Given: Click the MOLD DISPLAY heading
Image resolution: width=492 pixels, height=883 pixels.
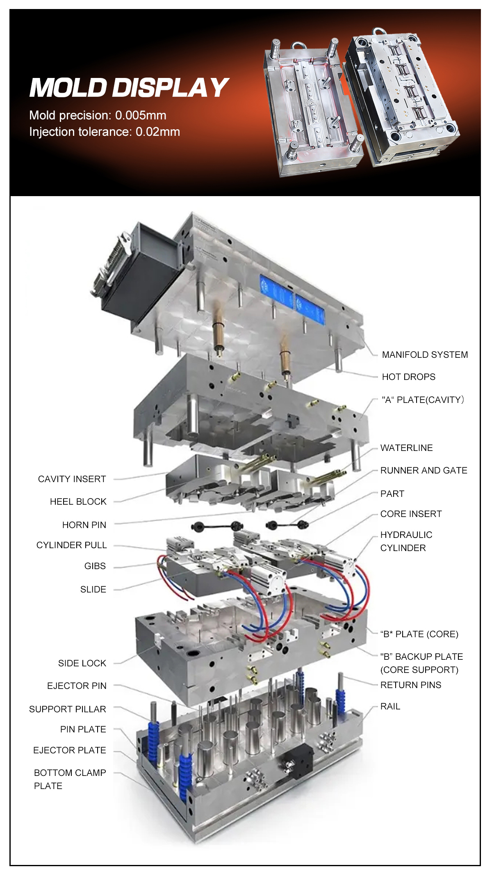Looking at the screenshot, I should pyautogui.click(x=128, y=88).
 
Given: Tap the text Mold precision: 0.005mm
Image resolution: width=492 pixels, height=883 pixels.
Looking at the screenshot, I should pyautogui.click(x=98, y=115).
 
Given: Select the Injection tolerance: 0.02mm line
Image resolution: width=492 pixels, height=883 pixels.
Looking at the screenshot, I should pyautogui.click(x=105, y=132).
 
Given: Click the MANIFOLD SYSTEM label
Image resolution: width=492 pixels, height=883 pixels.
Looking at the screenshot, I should pyautogui.click(x=424, y=355).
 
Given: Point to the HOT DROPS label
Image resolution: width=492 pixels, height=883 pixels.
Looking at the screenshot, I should pyautogui.click(x=408, y=377).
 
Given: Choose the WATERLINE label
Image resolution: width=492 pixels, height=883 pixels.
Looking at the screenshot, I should pyautogui.click(x=406, y=448).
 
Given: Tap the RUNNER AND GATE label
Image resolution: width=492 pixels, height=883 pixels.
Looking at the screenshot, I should pyautogui.click(x=424, y=470).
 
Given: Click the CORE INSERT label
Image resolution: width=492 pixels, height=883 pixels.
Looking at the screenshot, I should pyautogui.click(x=411, y=514).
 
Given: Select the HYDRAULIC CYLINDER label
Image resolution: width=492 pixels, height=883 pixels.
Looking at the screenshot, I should pyautogui.click(x=406, y=541).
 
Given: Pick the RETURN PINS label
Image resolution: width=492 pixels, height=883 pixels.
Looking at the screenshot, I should pyautogui.click(x=410, y=685).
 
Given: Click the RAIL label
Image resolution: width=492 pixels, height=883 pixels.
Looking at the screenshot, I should pyautogui.click(x=390, y=706).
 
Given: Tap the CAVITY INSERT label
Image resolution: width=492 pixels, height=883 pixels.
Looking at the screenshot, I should pyautogui.click(x=72, y=479).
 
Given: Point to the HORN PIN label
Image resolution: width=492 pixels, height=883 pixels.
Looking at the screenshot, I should pyautogui.click(x=84, y=525).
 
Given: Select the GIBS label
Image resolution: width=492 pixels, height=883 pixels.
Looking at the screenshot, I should pyautogui.click(x=95, y=566).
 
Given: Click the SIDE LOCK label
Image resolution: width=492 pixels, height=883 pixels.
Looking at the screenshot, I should pyautogui.click(x=82, y=663).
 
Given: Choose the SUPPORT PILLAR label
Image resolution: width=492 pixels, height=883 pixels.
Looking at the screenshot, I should pyautogui.click(x=68, y=709).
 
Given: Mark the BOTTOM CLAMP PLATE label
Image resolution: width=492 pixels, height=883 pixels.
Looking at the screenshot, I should pyautogui.click(x=70, y=779).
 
